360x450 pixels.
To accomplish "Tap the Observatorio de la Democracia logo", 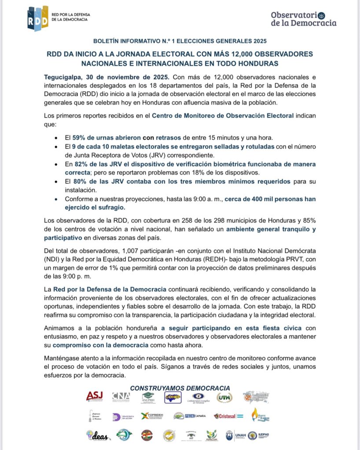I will (304, 18).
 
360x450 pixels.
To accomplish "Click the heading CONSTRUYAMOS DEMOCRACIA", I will (180, 388).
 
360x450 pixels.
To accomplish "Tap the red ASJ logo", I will (95, 397).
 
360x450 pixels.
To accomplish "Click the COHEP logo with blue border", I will (173, 397).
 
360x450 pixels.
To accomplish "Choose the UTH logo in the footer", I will (224, 398).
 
